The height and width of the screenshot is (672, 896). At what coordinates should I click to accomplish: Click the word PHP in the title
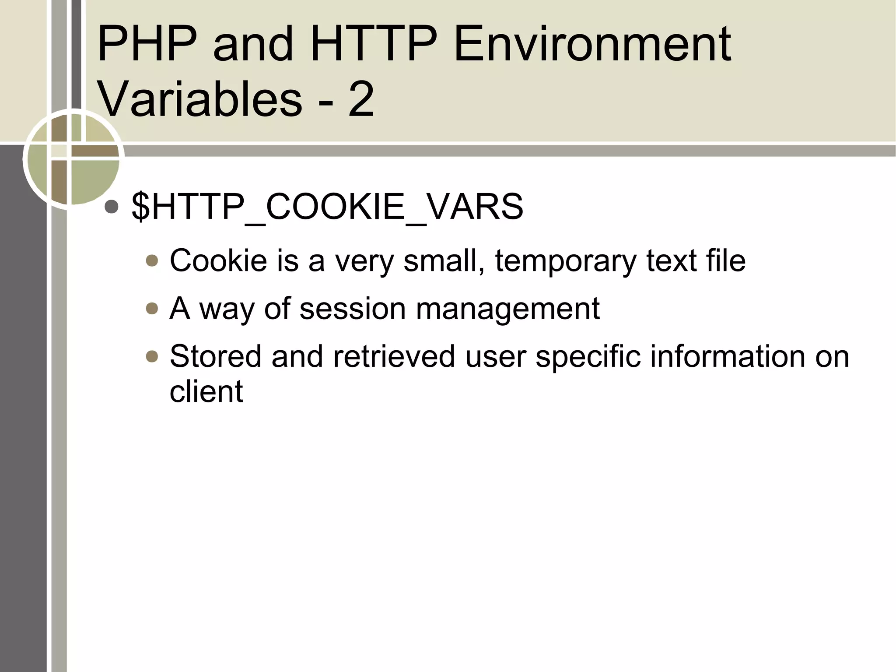tap(147, 44)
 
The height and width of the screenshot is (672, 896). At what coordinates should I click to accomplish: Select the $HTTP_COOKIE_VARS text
tap(327, 207)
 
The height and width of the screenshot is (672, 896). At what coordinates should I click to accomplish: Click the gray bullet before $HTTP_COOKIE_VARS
tap(112, 207)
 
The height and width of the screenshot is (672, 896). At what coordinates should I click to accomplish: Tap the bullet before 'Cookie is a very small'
tap(152, 261)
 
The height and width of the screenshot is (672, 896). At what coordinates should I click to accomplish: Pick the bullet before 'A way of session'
tap(152, 309)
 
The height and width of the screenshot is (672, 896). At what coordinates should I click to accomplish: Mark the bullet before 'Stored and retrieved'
tap(152, 357)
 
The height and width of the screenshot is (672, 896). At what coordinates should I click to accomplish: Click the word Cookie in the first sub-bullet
tap(218, 261)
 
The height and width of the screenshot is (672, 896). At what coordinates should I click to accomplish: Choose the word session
tap(353, 309)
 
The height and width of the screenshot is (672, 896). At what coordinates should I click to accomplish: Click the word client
tap(206, 391)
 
